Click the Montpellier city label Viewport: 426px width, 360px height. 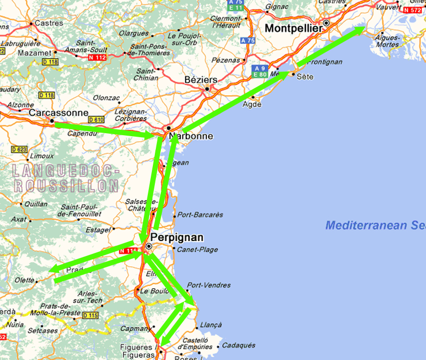click(294, 29)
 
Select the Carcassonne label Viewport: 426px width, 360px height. click(58, 113)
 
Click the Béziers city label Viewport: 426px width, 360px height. click(201, 80)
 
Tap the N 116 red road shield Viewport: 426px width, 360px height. click(129, 251)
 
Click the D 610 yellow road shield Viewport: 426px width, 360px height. click(96, 120)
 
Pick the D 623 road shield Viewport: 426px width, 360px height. click(19, 149)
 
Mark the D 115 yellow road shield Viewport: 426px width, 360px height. click(90, 315)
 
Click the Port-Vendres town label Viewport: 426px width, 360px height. click(208, 285)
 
